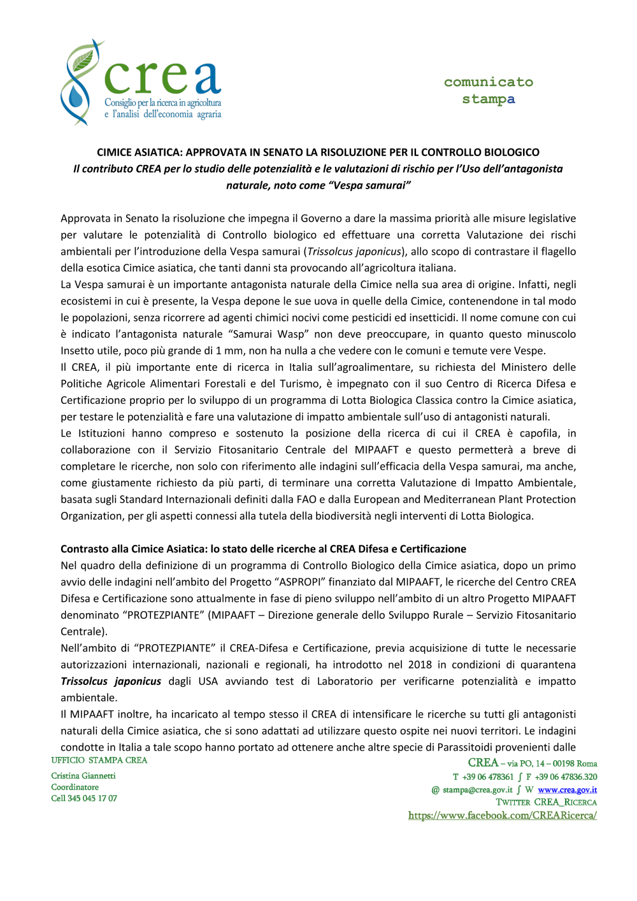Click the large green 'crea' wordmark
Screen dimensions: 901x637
[162, 78]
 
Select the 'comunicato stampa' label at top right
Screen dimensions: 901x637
[489, 90]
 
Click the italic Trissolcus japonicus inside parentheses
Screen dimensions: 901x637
[354, 252]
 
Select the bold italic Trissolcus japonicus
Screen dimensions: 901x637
[111, 682]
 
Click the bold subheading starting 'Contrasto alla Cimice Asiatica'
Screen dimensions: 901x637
[263, 549]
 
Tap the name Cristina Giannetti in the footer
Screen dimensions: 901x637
[83, 776]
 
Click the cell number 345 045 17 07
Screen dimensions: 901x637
[92, 798]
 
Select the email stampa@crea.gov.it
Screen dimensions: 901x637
[477, 790]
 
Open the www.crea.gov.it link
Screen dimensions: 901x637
[567, 790]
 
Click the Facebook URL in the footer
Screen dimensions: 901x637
[502, 816]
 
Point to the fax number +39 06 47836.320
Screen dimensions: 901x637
[566, 777]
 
